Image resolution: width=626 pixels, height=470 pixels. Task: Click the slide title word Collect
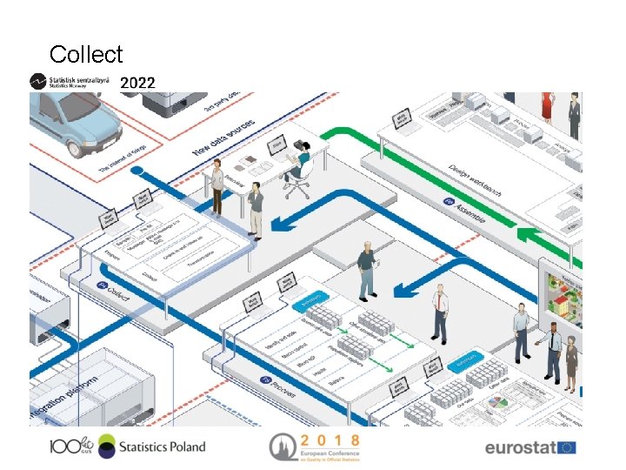point(86,54)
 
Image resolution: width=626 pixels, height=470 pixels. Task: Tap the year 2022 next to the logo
point(137,84)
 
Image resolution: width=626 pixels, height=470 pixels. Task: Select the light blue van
point(74,122)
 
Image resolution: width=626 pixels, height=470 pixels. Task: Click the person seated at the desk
point(301,164)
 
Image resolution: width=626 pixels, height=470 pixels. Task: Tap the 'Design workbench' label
point(473,178)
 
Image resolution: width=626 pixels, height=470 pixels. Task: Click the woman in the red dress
point(546,105)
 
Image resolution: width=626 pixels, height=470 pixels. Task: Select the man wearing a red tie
point(441,310)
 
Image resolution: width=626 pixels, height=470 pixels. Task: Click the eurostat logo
point(529,447)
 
